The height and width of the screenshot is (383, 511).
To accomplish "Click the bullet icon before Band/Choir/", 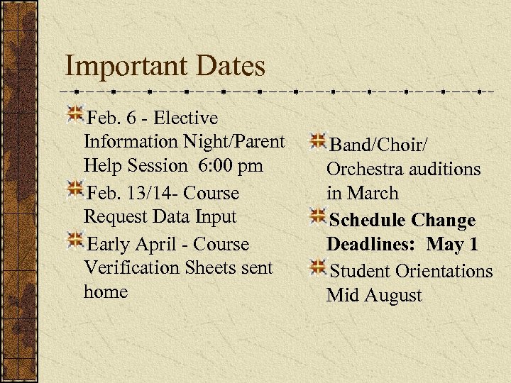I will (317, 142).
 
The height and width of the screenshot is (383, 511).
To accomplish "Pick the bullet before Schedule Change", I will (317, 216).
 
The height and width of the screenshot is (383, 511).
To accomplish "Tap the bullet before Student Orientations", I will (317, 267).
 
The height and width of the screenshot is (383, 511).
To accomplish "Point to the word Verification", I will (131, 268).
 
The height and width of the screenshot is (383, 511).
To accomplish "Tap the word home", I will (105, 292).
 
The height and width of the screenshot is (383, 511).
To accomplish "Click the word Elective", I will (185, 118).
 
